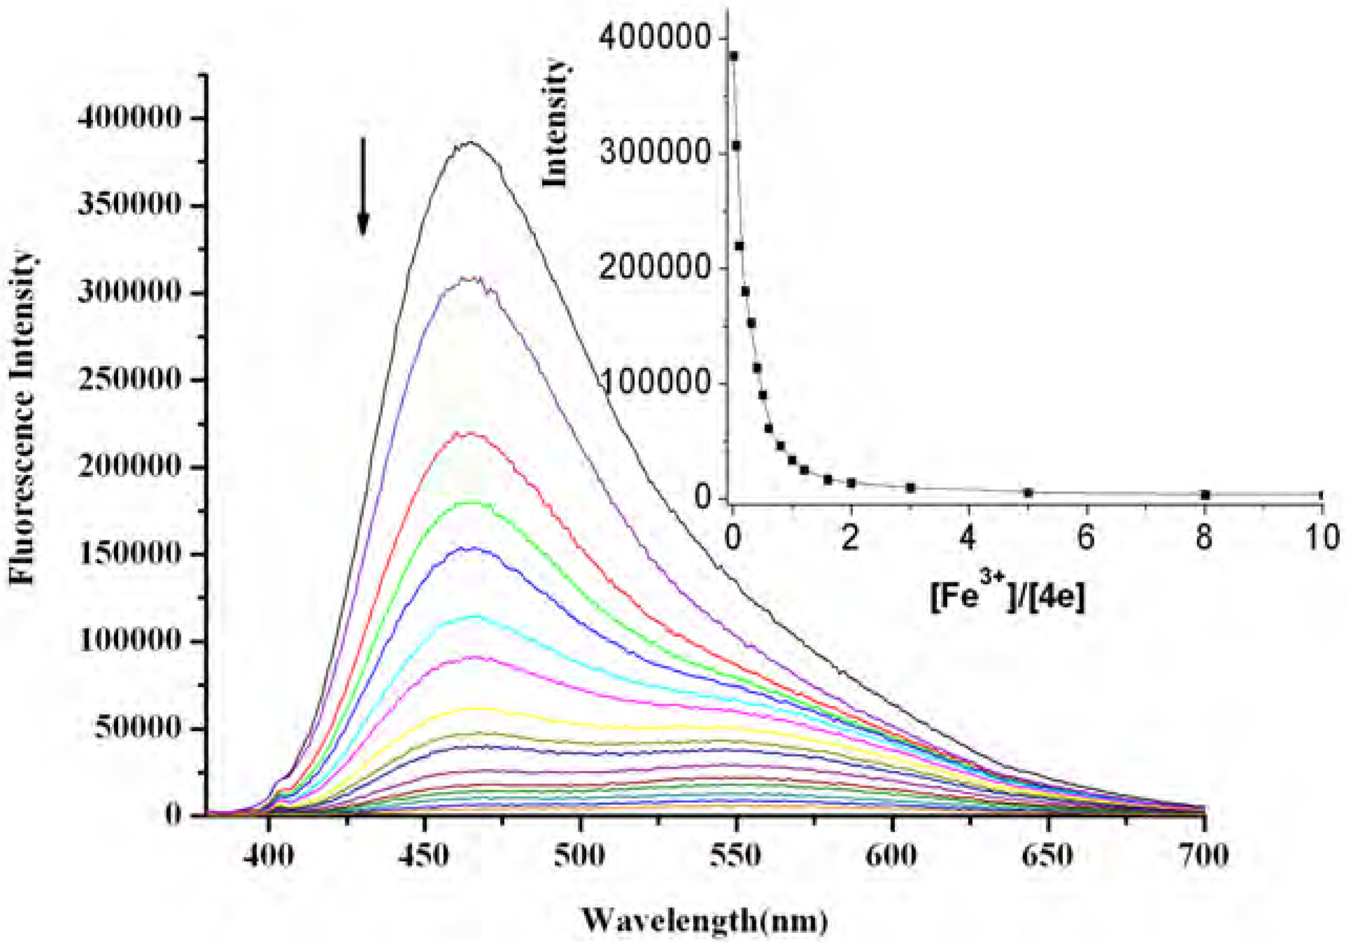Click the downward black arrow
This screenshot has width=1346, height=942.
pyautogui.click(x=363, y=186)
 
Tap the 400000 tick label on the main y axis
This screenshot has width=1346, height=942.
pyautogui.click(x=130, y=118)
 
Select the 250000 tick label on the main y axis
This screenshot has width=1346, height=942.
pyautogui.click(x=130, y=380)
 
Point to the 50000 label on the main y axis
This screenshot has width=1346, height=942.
pyautogui.click(x=138, y=728)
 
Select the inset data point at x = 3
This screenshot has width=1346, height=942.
pyautogui.click(x=910, y=487)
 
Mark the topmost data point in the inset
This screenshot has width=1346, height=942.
pyautogui.click(x=733, y=56)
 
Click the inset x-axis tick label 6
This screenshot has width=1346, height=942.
pyautogui.click(x=1086, y=537)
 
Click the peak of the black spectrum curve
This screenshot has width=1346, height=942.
pyautogui.click(x=471, y=142)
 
